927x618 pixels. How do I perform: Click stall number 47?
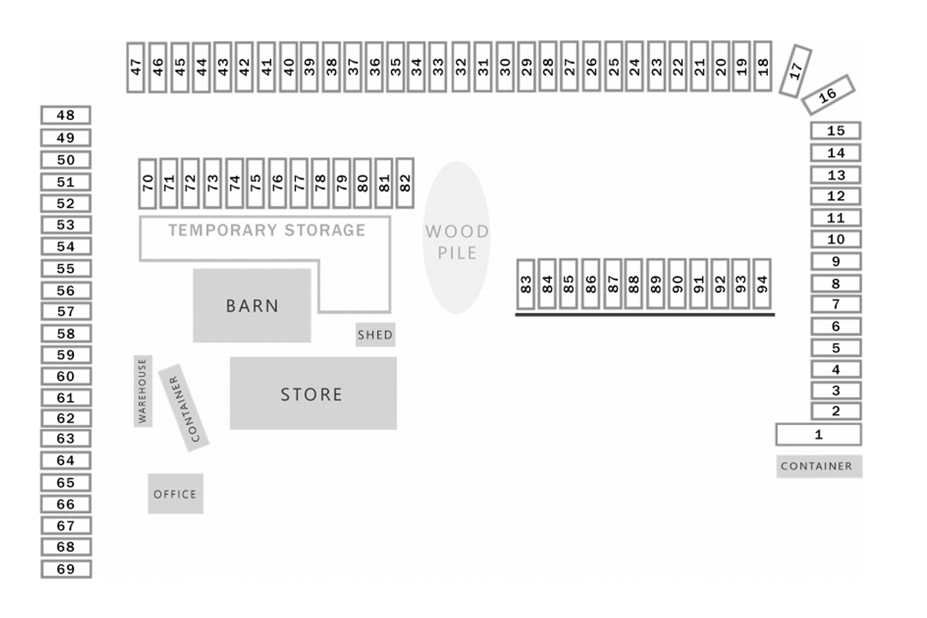click(x=137, y=67)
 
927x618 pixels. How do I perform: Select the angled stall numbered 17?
click(x=796, y=71)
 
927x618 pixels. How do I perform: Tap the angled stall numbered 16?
click(x=827, y=94)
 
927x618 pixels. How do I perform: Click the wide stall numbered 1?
click(x=818, y=434)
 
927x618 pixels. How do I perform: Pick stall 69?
click(x=66, y=569)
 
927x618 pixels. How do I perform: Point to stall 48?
click(x=66, y=115)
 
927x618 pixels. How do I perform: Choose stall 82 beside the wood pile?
click(x=405, y=183)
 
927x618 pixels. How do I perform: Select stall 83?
click(x=527, y=284)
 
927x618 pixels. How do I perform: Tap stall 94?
click(x=762, y=284)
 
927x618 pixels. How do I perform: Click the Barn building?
click(x=252, y=305)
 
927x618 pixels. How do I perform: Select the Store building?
click(x=313, y=393)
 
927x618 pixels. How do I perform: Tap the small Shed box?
click(x=375, y=334)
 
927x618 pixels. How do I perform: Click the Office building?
click(x=175, y=494)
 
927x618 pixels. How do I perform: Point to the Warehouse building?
click(x=142, y=391)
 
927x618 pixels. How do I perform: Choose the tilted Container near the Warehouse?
click(x=184, y=407)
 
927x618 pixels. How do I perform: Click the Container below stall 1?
click(x=819, y=467)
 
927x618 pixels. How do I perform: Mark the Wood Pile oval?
click(x=457, y=237)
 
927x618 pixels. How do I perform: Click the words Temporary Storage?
click(x=267, y=230)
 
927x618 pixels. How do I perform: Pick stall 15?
click(x=835, y=131)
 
